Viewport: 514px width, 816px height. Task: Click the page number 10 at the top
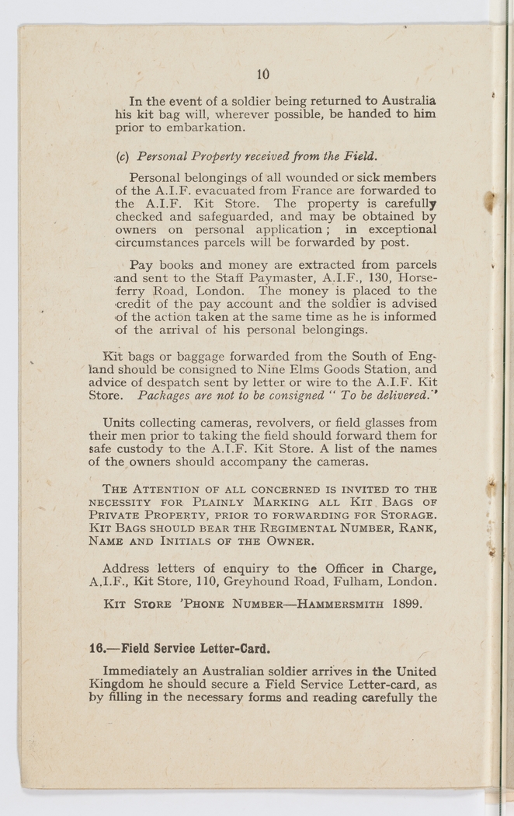click(262, 75)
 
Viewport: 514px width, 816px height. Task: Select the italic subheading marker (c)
click(121, 155)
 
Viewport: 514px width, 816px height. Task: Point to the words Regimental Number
click(296, 528)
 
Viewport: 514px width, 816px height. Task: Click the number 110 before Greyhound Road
click(206, 581)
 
